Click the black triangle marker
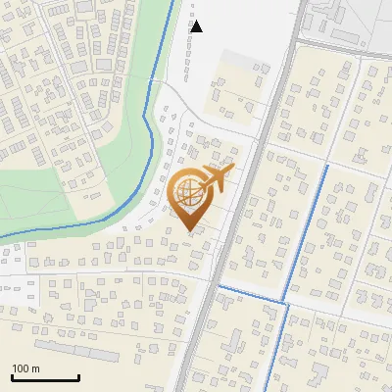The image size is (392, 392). click(196, 26)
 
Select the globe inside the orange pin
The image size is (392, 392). click(189, 194)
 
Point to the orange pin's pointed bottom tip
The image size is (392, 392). click(189, 230)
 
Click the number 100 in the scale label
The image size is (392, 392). click(21, 368)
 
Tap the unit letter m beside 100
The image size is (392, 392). click(35, 368)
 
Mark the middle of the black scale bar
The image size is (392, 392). click(45, 377)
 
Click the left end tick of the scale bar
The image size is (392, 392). click(12, 376)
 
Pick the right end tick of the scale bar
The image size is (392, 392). click(78, 376)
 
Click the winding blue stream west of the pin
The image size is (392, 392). click(147, 127)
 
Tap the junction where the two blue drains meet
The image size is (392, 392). click(287, 303)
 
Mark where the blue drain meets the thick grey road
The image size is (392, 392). click(219, 285)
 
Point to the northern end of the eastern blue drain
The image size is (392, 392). click(326, 167)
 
